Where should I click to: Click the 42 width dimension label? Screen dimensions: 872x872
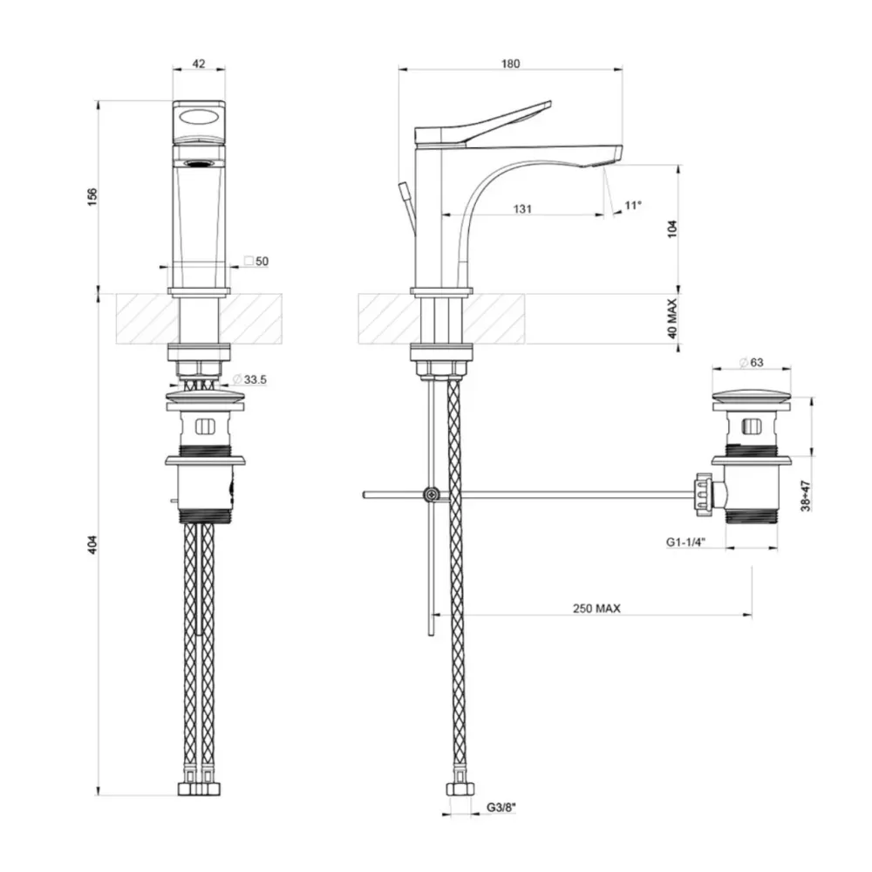click(x=199, y=64)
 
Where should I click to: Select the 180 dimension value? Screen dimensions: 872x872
click(x=510, y=64)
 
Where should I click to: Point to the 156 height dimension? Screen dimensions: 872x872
click(x=92, y=197)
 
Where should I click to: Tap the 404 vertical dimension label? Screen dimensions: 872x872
click(x=92, y=544)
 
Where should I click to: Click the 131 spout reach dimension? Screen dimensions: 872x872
click(x=522, y=209)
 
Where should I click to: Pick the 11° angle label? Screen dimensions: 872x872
click(x=633, y=205)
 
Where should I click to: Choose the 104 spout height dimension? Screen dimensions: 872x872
click(x=673, y=229)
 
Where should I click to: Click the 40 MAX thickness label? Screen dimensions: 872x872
click(x=673, y=318)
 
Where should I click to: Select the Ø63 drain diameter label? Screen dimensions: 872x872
click(x=752, y=363)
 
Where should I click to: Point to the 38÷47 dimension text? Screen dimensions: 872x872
click(x=806, y=496)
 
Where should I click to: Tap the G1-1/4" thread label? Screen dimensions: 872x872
click(x=685, y=542)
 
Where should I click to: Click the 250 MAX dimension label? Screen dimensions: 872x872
click(x=596, y=609)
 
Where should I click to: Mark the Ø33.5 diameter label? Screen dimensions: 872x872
click(x=249, y=380)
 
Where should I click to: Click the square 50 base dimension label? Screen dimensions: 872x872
click(x=256, y=261)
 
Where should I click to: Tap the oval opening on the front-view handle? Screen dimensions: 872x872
click(x=199, y=118)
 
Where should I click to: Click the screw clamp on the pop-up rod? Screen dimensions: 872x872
click(x=431, y=494)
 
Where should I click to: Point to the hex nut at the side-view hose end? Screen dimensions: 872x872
click(x=460, y=789)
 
